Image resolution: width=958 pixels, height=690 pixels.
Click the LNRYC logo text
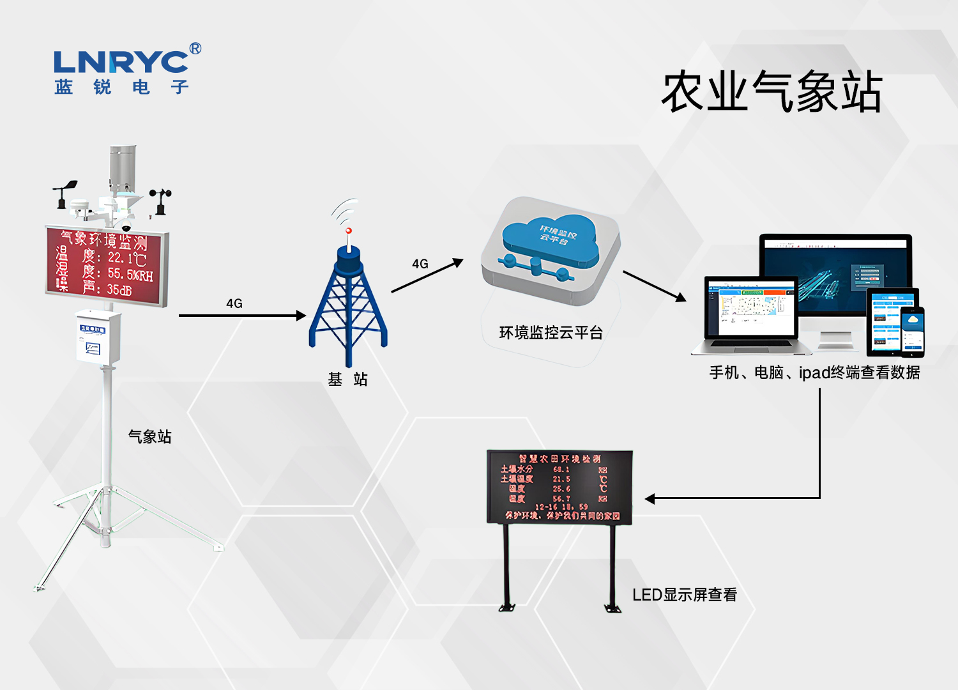coord(121,62)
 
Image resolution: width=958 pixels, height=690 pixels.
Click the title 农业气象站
coord(772,93)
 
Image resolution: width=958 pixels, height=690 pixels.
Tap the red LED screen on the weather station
coord(107,265)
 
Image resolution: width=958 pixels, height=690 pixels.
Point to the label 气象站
coord(150,437)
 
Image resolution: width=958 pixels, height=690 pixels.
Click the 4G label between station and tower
coord(234,303)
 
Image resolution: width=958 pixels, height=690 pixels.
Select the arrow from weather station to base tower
coord(242,316)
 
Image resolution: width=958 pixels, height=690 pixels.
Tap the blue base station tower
coord(348,300)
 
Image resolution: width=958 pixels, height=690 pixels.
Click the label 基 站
coord(347,379)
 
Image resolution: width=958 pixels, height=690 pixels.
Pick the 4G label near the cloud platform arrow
coord(420,264)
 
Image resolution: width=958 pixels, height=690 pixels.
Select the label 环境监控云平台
coord(551,333)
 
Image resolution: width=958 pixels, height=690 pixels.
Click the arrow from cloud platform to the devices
coord(654,286)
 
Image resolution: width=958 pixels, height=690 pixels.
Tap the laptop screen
coord(751,308)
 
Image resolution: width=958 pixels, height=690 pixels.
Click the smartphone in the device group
coord(913,331)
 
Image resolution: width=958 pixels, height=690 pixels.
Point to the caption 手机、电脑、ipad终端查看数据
coord(814,372)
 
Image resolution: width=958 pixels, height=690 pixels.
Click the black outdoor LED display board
coord(559,487)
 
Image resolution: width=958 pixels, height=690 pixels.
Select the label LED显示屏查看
coord(684,595)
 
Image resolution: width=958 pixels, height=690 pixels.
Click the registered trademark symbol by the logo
coord(195,49)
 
